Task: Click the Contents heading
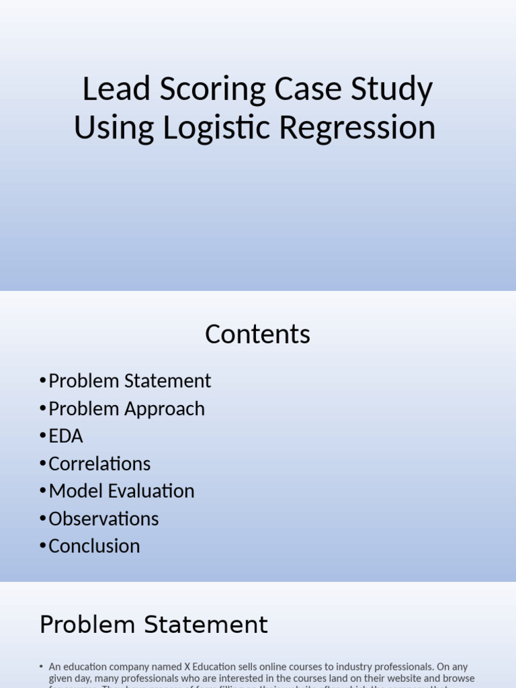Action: pyautogui.click(x=257, y=335)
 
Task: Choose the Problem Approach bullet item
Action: pyautogui.click(x=126, y=408)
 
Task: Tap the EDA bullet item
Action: pyautogui.click(x=66, y=436)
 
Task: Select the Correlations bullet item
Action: pyautogui.click(x=99, y=464)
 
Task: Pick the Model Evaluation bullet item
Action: pyautogui.click(x=122, y=491)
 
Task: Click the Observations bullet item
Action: pyautogui.click(x=103, y=519)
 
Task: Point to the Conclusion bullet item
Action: pyautogui.click(x=94, y=546)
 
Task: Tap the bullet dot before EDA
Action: pyautogui.click(x=44, y=437)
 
